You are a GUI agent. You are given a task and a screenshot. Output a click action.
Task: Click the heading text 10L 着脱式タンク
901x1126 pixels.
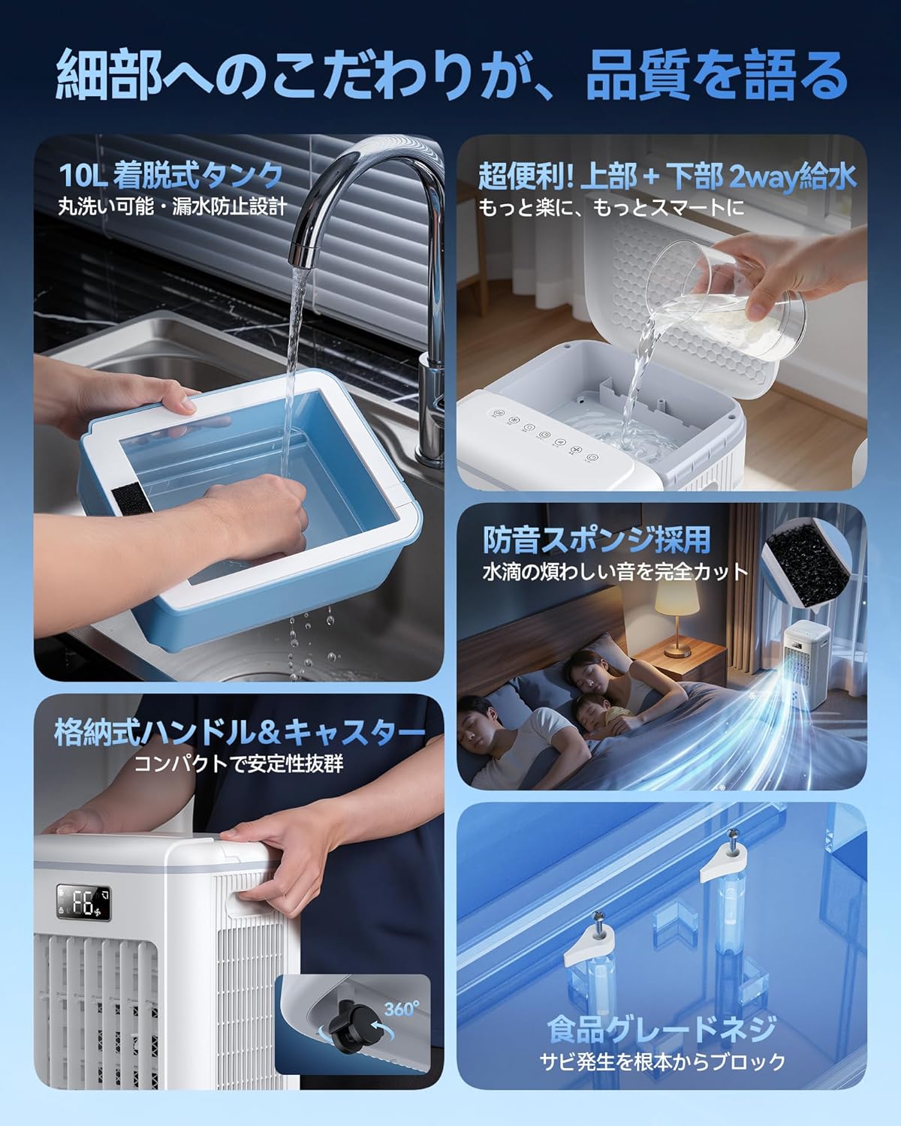click(x=170, y=176)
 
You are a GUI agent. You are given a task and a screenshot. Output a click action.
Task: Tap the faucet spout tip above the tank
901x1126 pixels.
click(x=302, y=253)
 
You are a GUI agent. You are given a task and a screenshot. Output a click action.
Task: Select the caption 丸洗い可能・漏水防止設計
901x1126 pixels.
click(x=172, y=207)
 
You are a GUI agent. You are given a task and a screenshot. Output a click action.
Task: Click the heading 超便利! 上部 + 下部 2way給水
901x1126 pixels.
click(x=667, y=176)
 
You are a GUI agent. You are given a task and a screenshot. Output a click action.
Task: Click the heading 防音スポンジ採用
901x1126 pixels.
click(x=595, y=540)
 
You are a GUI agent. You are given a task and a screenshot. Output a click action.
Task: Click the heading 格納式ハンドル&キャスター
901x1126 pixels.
click(x=240, y=733)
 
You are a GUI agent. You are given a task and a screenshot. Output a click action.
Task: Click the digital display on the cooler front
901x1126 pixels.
click(x=84, y=902)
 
